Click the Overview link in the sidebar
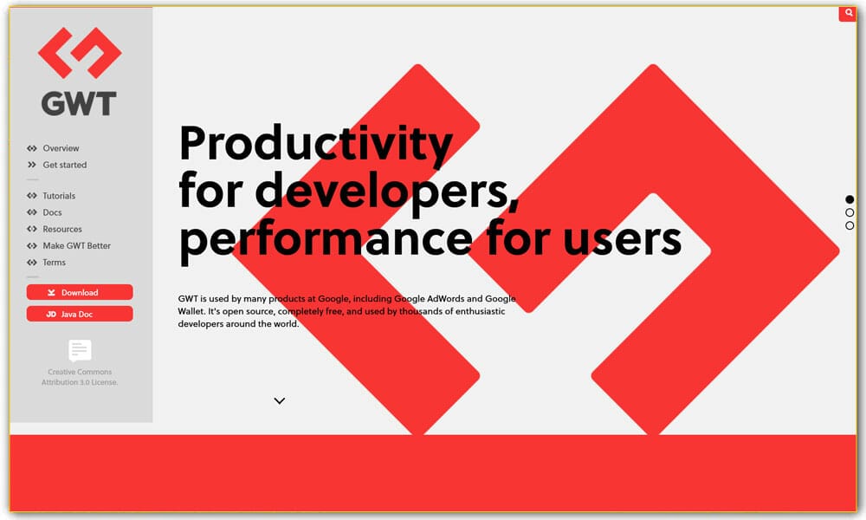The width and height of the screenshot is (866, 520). [x=61, y=148]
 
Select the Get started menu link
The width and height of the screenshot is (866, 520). [x=64, y=165]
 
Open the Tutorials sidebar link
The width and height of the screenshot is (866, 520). [x=59, y=196]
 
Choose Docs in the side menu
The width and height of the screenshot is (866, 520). [x=52, y=212]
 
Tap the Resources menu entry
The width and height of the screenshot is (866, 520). [x=62, y=229]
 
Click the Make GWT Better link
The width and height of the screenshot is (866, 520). [x=76, y=245]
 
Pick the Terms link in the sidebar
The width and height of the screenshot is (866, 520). [x=54, y=262]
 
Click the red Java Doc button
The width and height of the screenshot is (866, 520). [x=80, y=314]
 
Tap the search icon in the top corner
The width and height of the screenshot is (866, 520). [x=848, y=13]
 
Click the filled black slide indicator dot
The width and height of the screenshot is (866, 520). [x=850, y=199]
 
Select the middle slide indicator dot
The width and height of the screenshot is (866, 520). [x=850, y=212]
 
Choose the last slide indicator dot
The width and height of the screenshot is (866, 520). [x=850, y=225]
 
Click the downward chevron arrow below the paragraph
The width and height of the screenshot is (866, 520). [x=279, y=400]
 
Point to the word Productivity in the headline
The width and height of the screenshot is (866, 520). [x=315, y=144]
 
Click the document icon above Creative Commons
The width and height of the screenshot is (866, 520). [x=80, y=350]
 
